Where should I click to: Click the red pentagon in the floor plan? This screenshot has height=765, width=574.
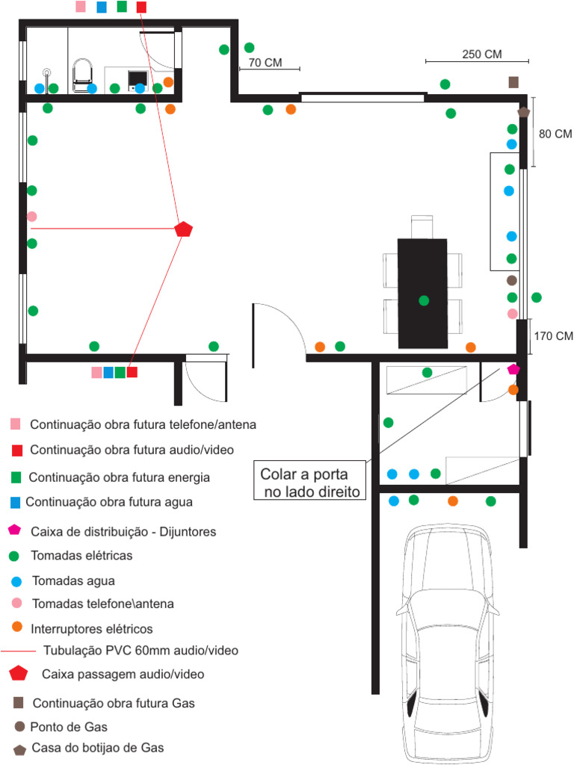pos(183,229)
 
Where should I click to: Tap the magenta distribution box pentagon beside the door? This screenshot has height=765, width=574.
pos(513,369)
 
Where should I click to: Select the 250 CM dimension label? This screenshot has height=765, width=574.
pos(482,54)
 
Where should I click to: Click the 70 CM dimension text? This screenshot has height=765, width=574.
pos(265,63)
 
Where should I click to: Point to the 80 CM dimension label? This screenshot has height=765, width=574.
pos(555,134)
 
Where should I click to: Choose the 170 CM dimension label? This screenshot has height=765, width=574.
pos(553,335)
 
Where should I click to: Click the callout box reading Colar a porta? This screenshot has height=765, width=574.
pos(310,483)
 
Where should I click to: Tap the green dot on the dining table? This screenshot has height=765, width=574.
pos(424,300)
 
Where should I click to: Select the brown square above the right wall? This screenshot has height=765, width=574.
pos(513,82)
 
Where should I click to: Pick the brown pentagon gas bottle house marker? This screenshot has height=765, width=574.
pos(524,111)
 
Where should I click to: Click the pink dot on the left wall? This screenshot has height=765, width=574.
pos(31,217)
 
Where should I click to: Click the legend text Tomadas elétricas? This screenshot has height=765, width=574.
pos(81,556)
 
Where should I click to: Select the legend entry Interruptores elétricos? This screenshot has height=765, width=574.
pos(92,628)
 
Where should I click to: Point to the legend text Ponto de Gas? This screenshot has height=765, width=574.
pos(68,727)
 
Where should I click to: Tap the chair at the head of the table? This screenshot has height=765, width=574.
pos(422,226)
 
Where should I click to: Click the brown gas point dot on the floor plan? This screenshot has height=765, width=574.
pos(512,281)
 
